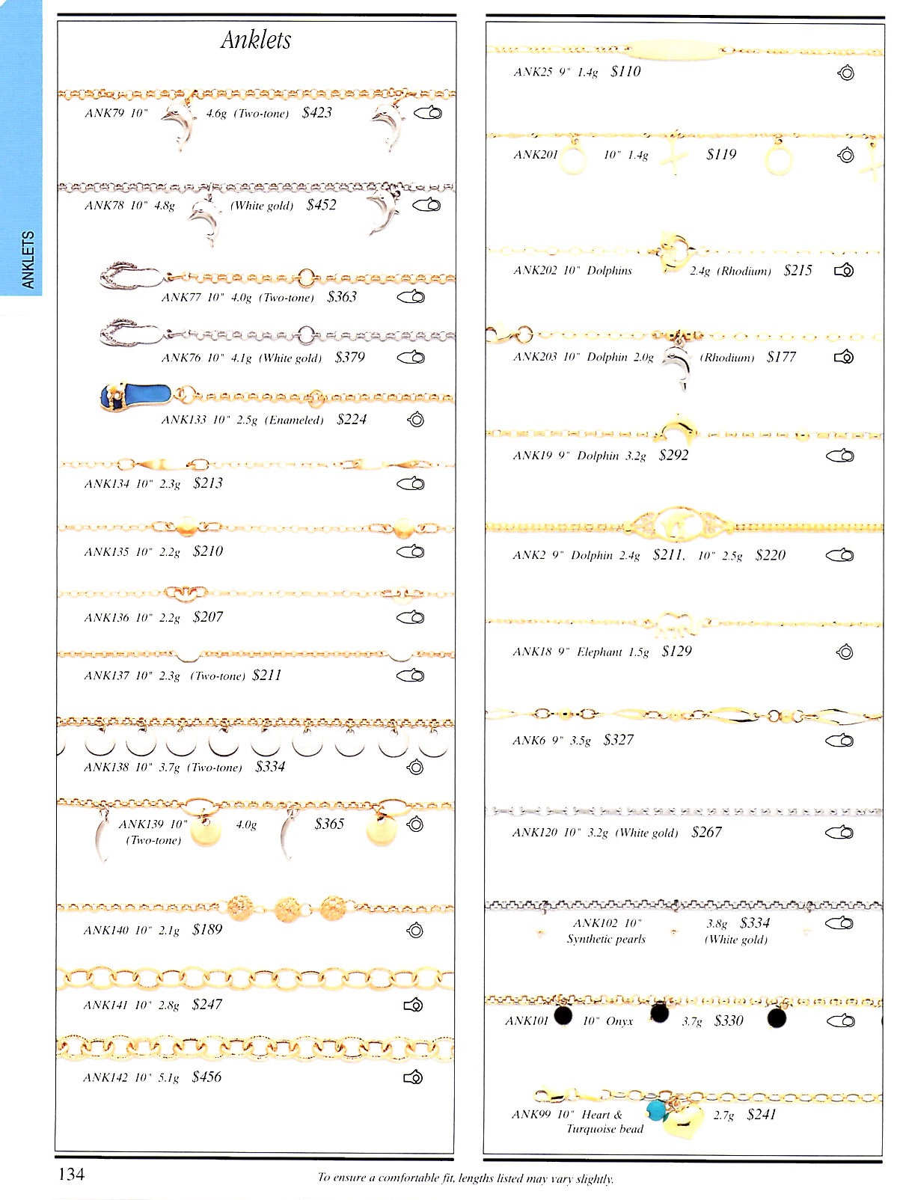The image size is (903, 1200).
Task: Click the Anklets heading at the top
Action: coord(256,40)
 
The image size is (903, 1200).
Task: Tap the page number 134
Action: coord(72,1174)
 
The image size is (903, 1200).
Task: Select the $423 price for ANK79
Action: coord(316,113)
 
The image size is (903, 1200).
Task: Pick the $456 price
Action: coord(206,1077)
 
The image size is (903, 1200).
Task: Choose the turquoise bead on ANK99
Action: coord(656,1110)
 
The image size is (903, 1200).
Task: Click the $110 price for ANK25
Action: coord(625,72)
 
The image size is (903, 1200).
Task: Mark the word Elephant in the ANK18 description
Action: coord(599,652)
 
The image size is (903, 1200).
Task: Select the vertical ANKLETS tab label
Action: coord(28,260)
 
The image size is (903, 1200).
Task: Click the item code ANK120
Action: coord(534,833)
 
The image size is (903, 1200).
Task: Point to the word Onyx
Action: coord(619,1021)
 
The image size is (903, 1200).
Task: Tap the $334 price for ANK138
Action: coord(270,767)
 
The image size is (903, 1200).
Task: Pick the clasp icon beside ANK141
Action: coord(413,1005)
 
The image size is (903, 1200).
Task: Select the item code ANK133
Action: coord(183,420)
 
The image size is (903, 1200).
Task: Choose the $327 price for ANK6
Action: coord(618,740)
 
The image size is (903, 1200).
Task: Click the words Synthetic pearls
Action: coord(606,940)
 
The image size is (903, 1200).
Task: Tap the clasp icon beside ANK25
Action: coord(846,73)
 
